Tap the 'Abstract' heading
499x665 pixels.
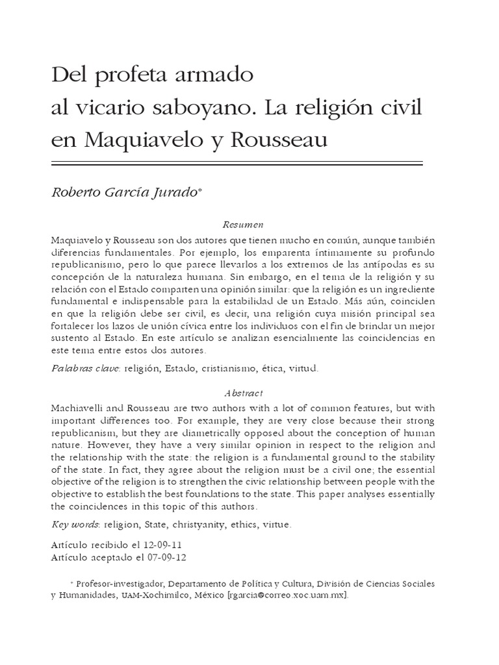[x=243, y=393]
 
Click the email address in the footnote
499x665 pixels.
[x=287, y=596]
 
